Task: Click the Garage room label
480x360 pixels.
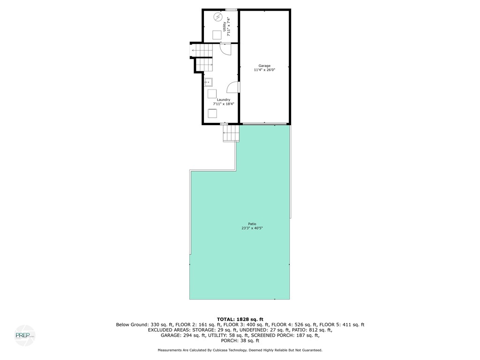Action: [x=265, y=66]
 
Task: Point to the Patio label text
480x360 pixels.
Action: [x=253, y=224]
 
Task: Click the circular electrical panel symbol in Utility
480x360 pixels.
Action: [x=218, y=17]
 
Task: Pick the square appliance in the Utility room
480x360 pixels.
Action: [x=217, y=35]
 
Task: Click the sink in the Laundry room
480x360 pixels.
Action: [x=209, y=82]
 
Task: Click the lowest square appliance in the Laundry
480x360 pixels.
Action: [x=212, y=113]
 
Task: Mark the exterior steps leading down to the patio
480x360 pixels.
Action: [x=231, y=133]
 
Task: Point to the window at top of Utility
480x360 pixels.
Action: [x=231, y=9]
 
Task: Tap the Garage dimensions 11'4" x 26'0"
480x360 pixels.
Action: [x=264, y=70]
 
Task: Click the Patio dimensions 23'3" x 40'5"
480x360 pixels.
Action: [x=253, y=228]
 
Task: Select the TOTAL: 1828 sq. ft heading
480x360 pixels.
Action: [x=240, y=319]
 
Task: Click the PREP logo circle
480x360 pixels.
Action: [x=24, y=336]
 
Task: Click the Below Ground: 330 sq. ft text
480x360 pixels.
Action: [x=145, y=324]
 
